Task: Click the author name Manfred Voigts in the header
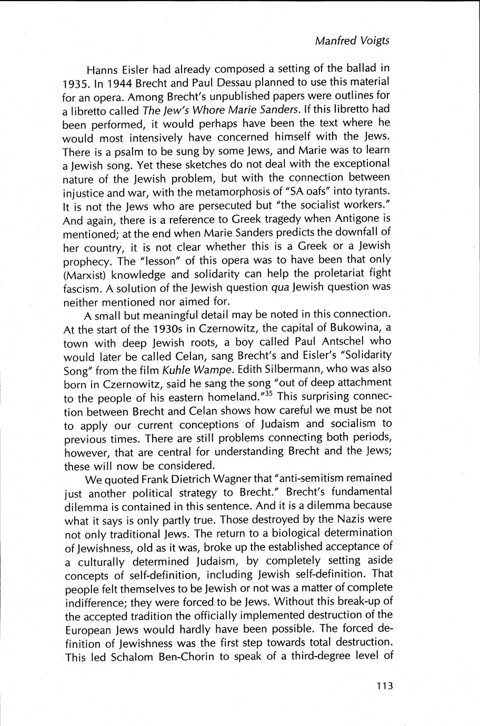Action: point(352,41)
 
